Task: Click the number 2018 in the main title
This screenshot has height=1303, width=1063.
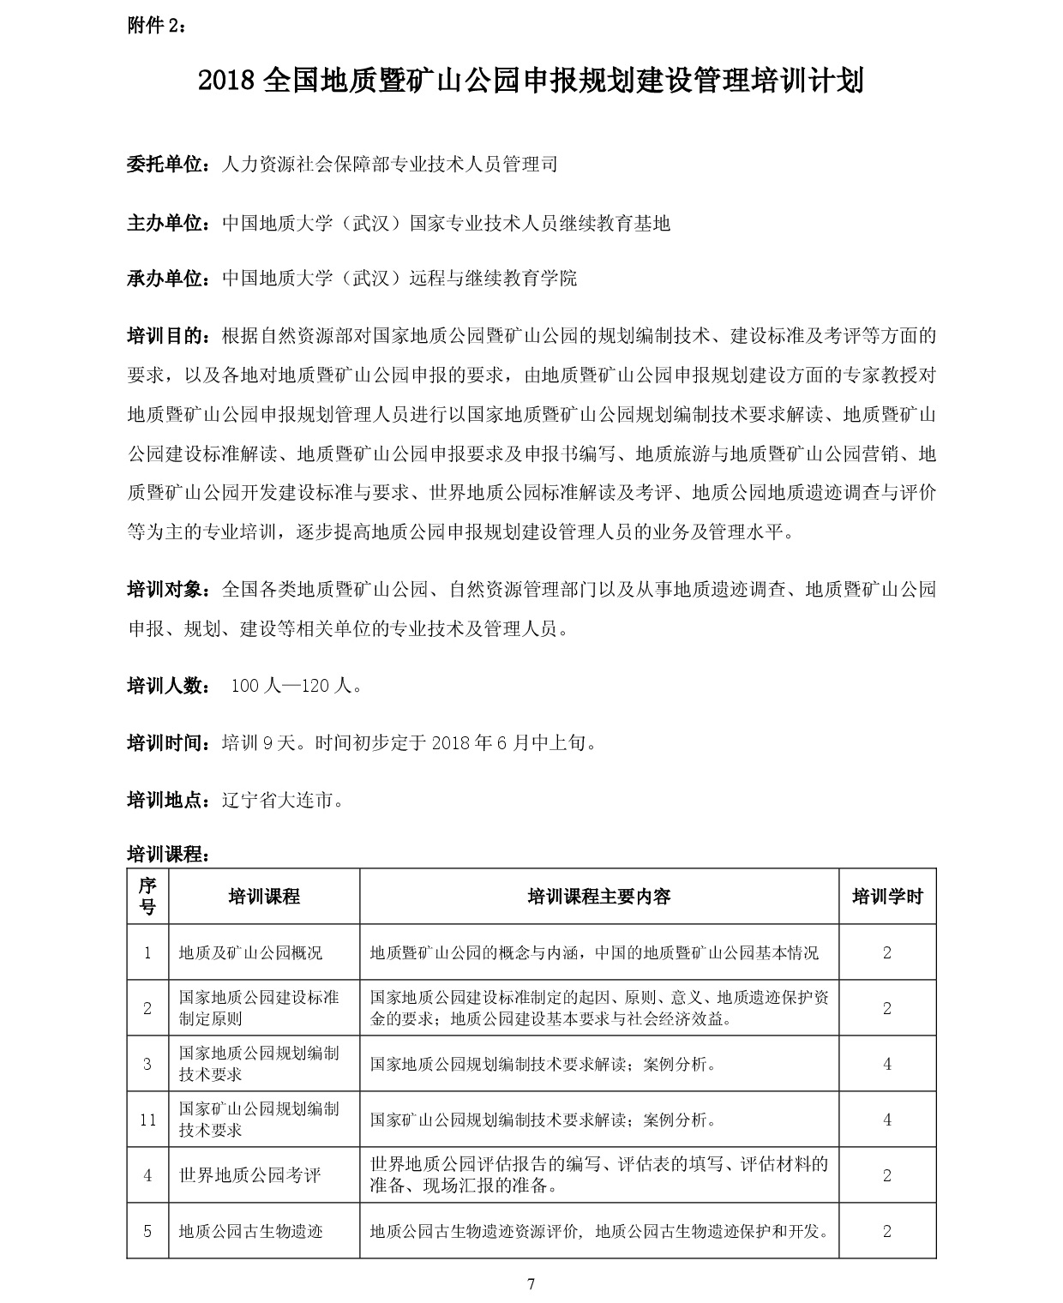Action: coord(226,82)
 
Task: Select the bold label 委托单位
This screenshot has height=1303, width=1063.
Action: coord(167,165)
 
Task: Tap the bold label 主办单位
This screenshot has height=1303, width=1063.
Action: coord(167,224)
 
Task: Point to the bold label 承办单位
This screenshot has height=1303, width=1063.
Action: coord(167,279)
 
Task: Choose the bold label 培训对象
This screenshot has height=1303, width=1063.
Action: coord(167,590)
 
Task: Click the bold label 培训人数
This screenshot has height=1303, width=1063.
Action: coord(167,686)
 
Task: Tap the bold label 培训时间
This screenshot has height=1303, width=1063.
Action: coord(167,742)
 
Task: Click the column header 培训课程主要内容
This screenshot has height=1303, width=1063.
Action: coord(598,897)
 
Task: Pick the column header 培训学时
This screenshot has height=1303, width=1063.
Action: coord(887,897)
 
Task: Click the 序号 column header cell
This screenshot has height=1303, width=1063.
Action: coord(147,896)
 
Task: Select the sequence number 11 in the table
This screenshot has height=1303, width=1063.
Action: coord(147,1120)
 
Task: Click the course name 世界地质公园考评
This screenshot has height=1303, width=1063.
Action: coord(250,1175)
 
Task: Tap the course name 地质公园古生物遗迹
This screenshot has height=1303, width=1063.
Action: coord(251,1232)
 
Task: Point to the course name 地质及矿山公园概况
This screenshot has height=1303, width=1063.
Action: coord(251,952)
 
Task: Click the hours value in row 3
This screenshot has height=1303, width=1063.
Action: coord(887,1064)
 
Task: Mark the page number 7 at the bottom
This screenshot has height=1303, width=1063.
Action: coord(531,1283)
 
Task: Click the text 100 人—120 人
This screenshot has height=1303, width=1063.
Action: coord(296,686)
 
